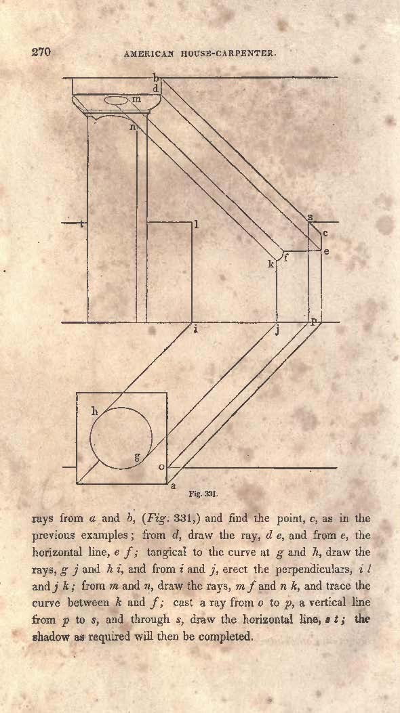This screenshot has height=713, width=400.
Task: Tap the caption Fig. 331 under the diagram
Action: [203, 492]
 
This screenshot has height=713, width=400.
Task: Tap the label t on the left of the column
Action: [81, 223]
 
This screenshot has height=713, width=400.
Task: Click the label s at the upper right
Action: [310, 217]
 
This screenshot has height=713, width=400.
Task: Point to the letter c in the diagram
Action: [325, 234]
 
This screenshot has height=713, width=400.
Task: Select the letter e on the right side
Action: [326, 251]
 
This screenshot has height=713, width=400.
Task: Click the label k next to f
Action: [271, 264]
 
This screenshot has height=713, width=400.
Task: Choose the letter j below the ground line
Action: [277, 331]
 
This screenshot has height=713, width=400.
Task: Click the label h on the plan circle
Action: [95, 412]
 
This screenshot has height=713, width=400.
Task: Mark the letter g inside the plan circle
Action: [136, 456]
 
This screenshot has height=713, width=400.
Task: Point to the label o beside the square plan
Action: [161, 467]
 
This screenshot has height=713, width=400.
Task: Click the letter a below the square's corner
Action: [173, 486]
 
